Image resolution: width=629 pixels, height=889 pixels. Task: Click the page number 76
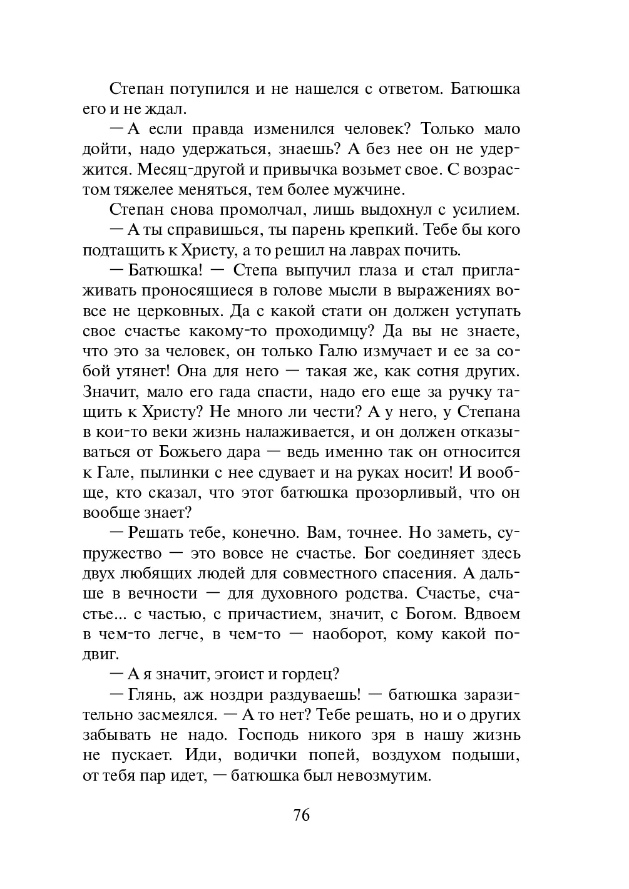click(301, 815)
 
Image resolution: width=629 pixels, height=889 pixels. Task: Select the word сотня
click(449, 371)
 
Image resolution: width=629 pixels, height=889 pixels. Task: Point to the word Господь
click(301, 735)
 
